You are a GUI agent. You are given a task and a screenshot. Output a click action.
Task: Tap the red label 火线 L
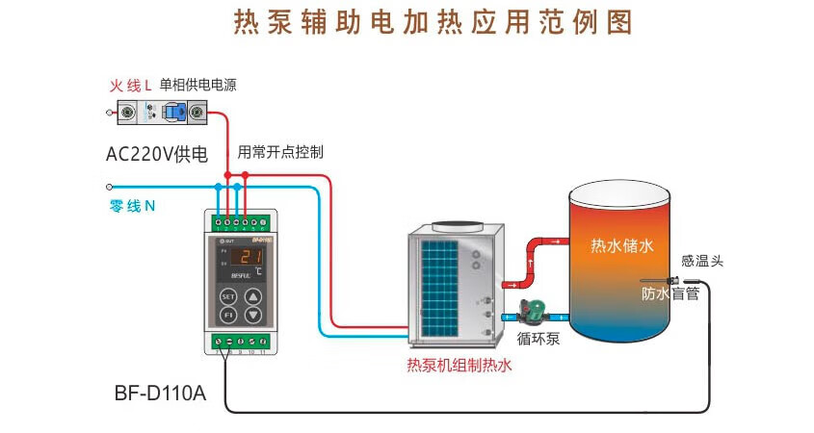(131, 86)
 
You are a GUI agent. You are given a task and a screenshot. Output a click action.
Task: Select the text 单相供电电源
(197, 85)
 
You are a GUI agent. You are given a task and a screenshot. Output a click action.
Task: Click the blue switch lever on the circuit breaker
(173, 114)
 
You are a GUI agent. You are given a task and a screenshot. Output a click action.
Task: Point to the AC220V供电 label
(157, 153)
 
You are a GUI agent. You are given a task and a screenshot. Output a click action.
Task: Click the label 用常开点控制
(280, 152)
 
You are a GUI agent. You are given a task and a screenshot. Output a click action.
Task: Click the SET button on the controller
(228, 295)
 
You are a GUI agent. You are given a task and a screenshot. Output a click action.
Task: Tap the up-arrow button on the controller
(252, 295)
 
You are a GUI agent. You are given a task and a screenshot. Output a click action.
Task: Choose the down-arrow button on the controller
(252, 315)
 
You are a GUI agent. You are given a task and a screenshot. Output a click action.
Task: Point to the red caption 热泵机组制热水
(459, 365)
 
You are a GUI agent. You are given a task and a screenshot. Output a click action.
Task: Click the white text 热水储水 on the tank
(621, 246)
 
